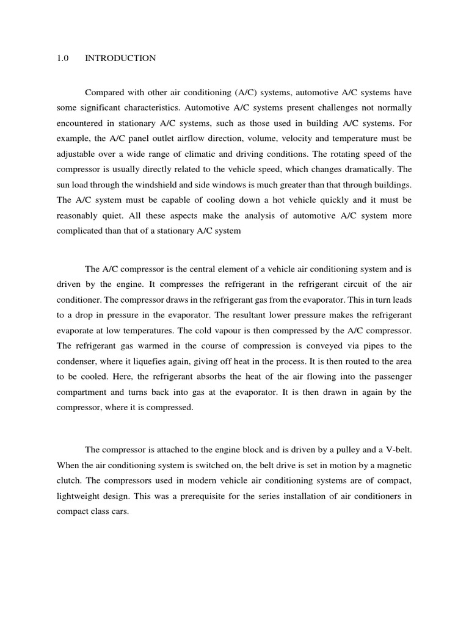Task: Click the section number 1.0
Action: pos(62,59)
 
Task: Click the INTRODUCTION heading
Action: pos(120,59)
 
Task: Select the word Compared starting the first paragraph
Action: pos(104,93)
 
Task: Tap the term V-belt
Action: pos(398,450)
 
